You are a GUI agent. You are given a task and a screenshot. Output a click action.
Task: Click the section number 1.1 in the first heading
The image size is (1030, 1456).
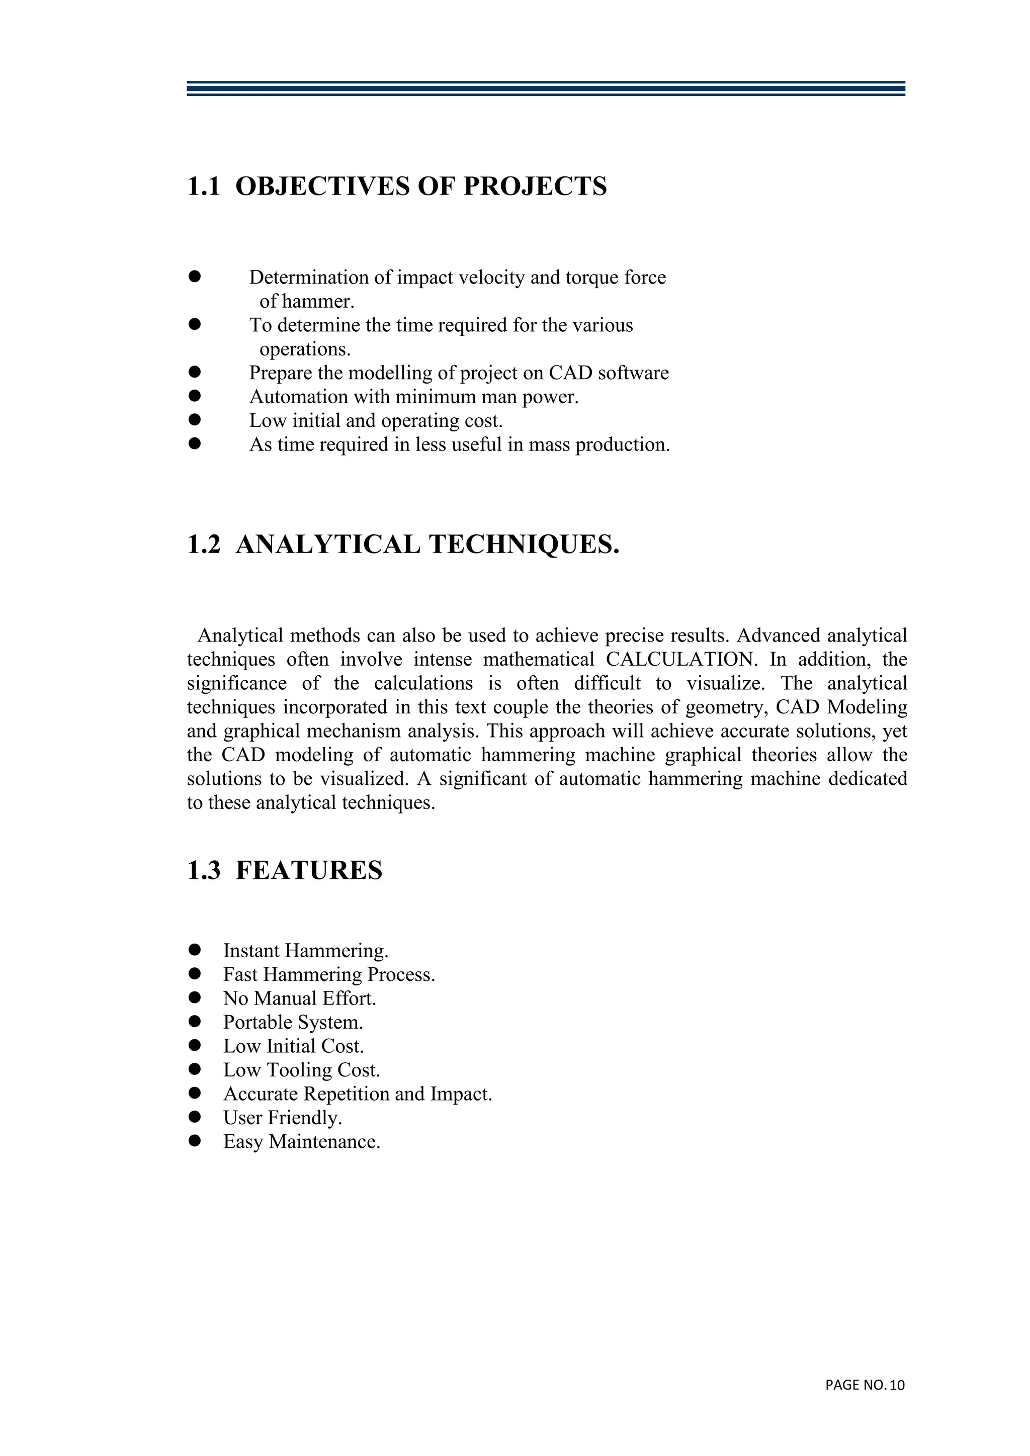[x=203, y=187]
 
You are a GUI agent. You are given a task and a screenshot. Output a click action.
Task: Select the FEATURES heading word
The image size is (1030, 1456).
[x=309, y=871]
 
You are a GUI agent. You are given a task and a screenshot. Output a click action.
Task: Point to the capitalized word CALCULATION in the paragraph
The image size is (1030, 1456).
[x=681, y=660]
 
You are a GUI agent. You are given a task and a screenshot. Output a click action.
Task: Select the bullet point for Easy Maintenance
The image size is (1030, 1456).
[x=195, y=1141]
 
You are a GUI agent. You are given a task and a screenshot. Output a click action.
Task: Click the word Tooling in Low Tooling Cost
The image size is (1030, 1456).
[x=299, y=1070]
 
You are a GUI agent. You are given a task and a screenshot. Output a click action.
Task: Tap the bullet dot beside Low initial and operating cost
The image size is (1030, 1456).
[x=195, y=420]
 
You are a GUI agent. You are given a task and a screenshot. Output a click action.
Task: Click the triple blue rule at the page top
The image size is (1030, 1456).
[x=546, y=88]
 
